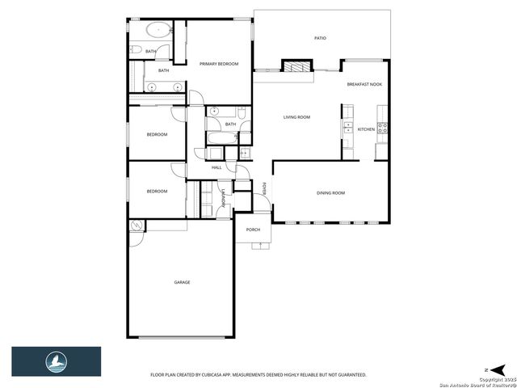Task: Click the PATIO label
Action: tap(321, 38)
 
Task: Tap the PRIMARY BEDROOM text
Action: tap(219, 64)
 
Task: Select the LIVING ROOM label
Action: tap(296, 117)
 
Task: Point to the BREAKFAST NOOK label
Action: tap(364, 85)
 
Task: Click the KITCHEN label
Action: tap(366, 129)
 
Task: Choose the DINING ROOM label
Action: tap(330, 192)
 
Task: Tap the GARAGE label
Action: tap(182, 282)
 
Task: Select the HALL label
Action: tap(216, 167)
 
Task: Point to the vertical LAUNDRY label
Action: tap(223, 198)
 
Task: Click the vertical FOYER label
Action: tap(264, 188)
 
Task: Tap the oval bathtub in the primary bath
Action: tap(158, 31)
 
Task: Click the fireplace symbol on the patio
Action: tap(295, 67)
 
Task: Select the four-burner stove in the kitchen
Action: tap(383, 128)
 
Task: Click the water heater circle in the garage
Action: tap(137, 226)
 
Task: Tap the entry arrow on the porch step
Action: tap(260, 245)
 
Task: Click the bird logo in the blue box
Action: tap(56, 361)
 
